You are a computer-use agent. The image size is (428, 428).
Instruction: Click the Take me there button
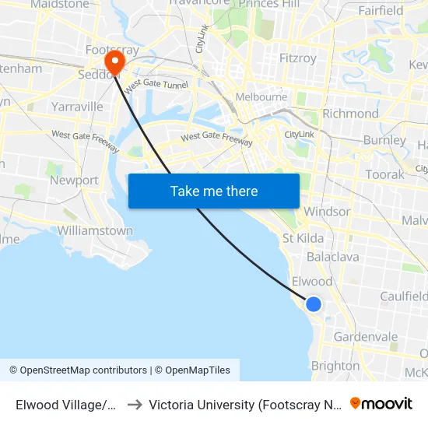coord(214,191)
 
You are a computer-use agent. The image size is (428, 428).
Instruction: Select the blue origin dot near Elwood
coord(314,304)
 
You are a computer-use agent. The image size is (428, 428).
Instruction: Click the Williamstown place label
coord(95,231)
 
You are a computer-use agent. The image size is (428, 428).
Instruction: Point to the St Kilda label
coord(303,238)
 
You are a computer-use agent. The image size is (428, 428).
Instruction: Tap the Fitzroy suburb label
coord(298,58)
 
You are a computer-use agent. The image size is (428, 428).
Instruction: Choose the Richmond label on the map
coord(350,114)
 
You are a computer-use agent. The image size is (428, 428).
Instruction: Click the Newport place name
coord(74,181)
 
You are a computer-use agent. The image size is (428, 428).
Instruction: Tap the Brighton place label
coord(335,366)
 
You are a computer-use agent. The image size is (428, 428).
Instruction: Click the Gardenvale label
coord(366,337)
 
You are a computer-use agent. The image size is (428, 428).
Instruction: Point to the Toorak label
coord(384,174)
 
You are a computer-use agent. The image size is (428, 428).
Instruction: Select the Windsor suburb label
coord(328,212)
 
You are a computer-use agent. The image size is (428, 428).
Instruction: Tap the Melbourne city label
coord(262,97)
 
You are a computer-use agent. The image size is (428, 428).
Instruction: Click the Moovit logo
coord(381,404)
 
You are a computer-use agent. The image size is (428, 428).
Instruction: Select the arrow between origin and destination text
coord(134,405)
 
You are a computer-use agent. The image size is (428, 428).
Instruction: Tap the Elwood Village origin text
coord(66,405)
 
